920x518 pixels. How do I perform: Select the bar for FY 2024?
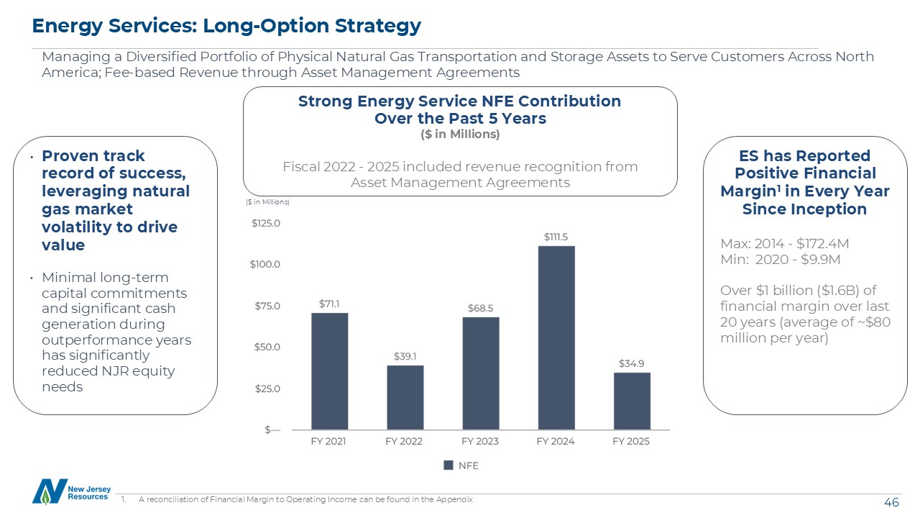556,337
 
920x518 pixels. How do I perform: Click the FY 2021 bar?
329,371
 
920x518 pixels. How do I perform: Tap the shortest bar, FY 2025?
632,401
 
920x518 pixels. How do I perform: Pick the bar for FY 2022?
405,397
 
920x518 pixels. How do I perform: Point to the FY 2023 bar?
481,373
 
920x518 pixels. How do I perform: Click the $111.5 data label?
556,236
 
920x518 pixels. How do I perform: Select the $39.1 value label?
405,356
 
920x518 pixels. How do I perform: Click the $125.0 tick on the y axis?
265,224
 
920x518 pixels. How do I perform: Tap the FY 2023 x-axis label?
481,441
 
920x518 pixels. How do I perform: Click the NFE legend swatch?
449,465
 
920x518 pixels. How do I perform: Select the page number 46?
891,503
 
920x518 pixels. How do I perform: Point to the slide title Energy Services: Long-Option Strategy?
226,26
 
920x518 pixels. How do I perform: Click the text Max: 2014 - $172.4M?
785,243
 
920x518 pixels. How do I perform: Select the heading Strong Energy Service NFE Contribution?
459,101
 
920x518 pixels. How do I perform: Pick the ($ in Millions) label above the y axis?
267,202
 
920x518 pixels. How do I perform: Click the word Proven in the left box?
68,156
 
